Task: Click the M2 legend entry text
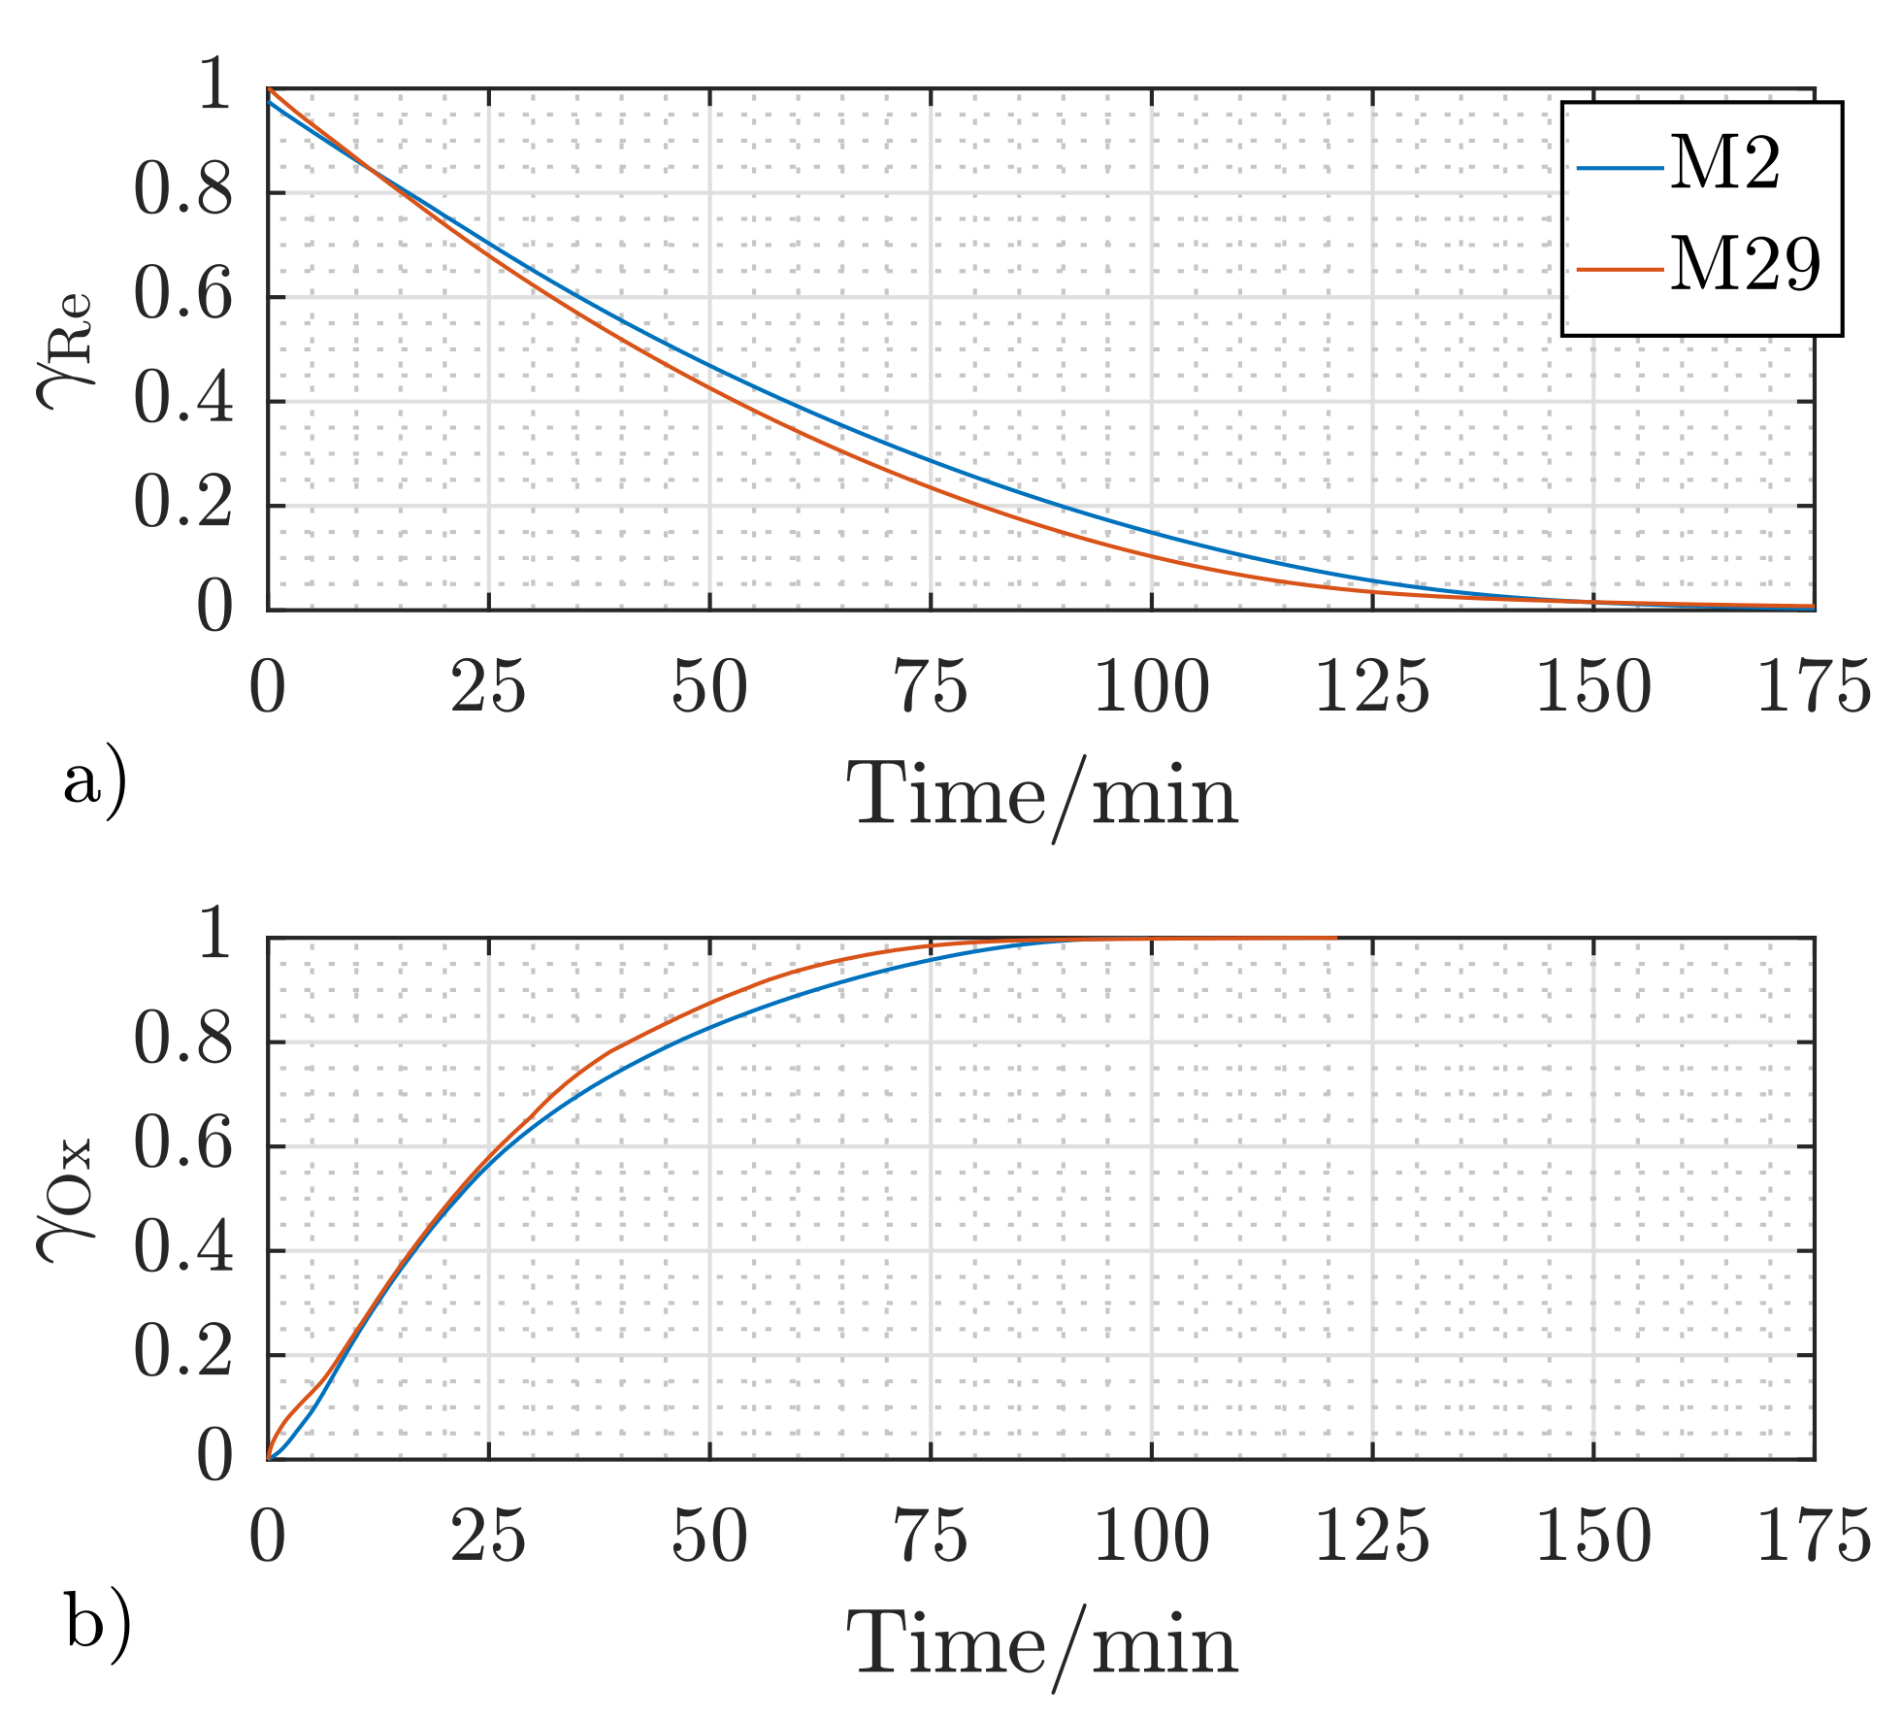[x=1724, y=164]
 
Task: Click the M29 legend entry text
[x=1745, y=264]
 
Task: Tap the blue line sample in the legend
[x=1620, y=167]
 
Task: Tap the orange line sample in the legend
[x=1620, y=267]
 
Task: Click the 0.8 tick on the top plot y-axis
[x=182, y=191]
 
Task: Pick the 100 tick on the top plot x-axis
[x=1151, y=687]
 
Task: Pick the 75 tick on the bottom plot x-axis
[x=930, y=1537]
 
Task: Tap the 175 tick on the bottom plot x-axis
[x=1813, y=1537]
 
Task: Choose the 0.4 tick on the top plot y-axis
[x=182, y=400]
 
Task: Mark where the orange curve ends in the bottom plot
[x=1336, y=938]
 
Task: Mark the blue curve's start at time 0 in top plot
[x=269, y=101]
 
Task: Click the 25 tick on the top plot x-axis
[x=488, y=687]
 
